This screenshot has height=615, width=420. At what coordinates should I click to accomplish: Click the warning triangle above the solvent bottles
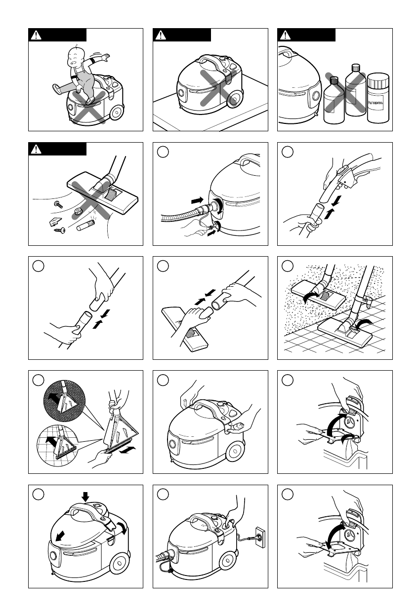286,35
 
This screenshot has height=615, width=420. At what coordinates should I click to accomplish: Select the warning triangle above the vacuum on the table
161,35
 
